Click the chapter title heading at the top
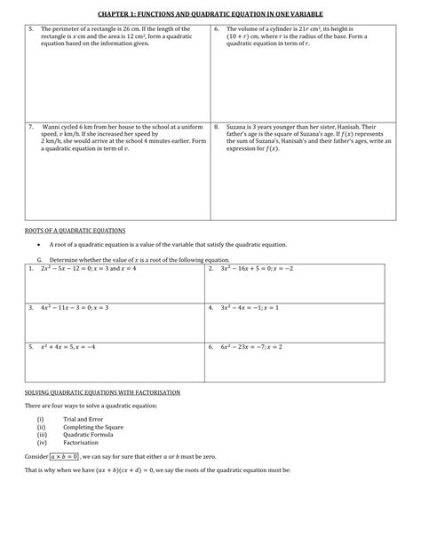tap(210, 14)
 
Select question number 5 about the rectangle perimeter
tap(31, 29)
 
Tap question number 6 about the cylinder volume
tap(217, 29)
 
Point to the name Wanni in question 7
tap(52, 126)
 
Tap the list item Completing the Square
tap(93, 426)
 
